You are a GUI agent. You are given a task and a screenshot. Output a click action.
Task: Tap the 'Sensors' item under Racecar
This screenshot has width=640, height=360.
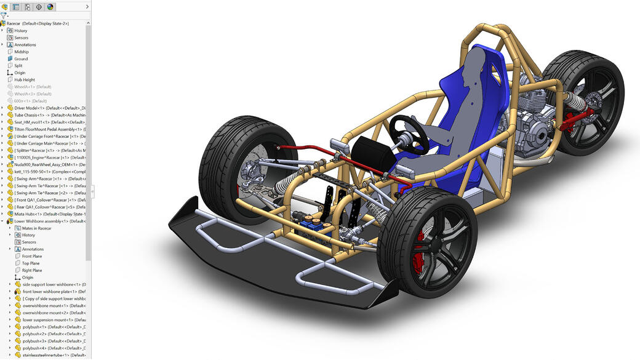click(21, 38)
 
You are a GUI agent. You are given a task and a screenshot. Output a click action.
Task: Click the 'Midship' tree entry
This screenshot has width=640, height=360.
click(22, 52)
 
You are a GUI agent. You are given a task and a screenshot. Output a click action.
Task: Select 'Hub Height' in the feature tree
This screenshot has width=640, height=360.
click(25, 79)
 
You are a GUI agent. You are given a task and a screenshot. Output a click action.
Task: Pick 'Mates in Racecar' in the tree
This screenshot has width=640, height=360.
click(36, 228)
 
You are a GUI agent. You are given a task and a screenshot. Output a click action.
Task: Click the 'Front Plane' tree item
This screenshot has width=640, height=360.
click(32, 256)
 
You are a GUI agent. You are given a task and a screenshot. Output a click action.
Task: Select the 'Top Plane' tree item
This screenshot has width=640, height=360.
click(31, 263)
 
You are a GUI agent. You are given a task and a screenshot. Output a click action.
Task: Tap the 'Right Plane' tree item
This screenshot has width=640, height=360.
click(32, 270)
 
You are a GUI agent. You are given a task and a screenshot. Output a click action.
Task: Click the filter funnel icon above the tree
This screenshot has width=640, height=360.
click(4, 15)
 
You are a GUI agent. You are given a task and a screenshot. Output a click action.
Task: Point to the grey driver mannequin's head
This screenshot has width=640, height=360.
click(476, 62)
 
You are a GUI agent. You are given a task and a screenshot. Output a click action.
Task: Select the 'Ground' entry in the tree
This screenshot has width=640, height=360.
click(21, 59)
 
